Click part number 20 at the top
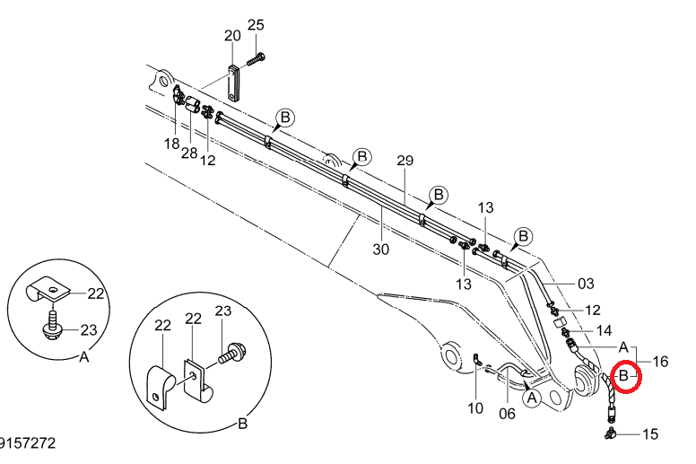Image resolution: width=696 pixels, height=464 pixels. [232, 36]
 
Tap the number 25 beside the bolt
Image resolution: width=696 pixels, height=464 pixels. [256, 25]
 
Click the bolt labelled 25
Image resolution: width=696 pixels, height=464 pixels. [256, 59]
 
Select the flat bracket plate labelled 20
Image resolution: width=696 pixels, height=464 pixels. [233, 83]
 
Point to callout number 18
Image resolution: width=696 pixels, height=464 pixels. [172, 144]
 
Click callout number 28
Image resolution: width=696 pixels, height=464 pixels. [189, 153]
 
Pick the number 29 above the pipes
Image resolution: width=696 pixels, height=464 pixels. [405, 161]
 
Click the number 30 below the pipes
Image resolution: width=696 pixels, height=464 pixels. [381, 250]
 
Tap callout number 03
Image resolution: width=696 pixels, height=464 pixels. [586, 284]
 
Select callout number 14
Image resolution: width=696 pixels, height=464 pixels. [604, 330]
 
